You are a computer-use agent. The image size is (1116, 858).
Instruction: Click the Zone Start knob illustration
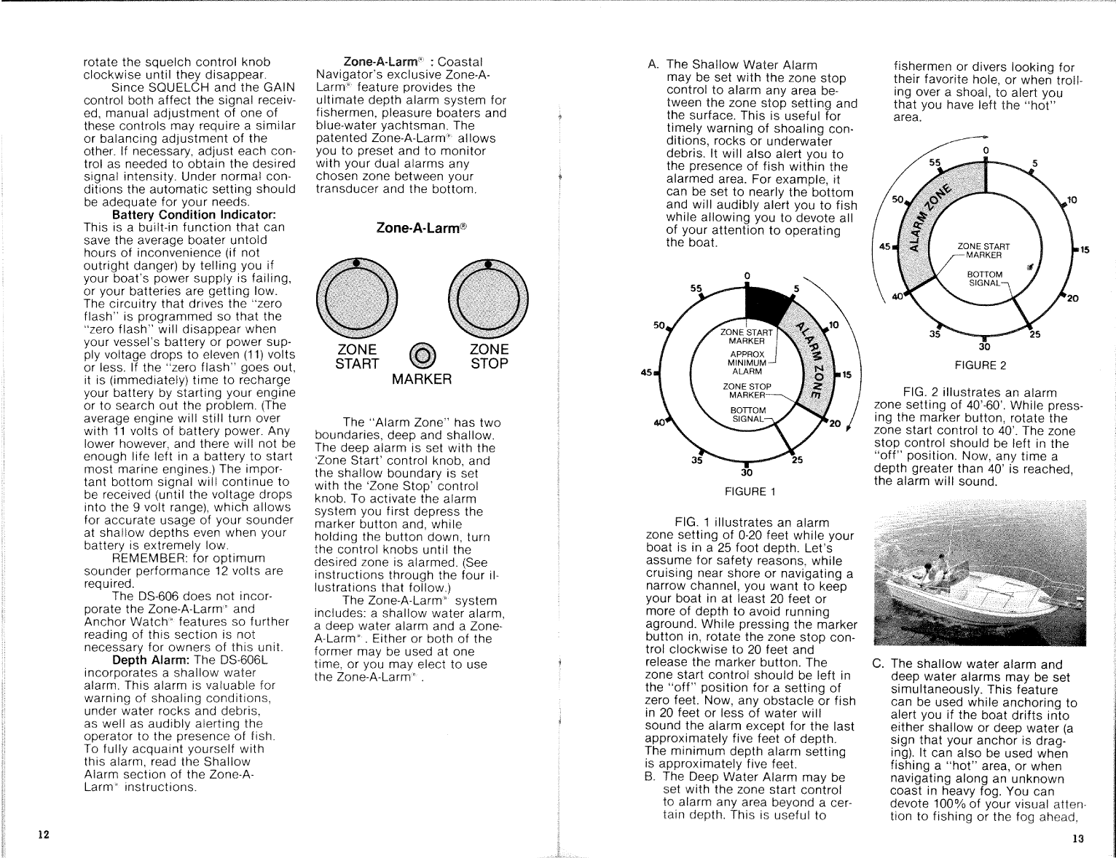point(356,298)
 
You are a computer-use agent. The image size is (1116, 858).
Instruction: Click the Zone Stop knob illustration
point(489,298)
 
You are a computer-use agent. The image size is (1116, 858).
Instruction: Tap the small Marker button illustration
point(422,355)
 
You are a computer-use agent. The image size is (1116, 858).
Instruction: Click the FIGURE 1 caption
point(750,492)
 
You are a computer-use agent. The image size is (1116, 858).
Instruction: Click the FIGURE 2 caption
point(980,366)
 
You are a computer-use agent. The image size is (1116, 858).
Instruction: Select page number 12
point(44,835)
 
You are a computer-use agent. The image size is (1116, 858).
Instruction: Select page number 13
point(1078,838)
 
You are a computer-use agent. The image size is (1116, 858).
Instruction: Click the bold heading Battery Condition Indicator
point(194,215)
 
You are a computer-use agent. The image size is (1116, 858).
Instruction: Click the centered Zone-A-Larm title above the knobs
point(421,228)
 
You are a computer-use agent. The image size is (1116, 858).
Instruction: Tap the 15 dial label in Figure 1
point(846,375)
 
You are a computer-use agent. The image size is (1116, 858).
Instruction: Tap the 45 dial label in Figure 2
point(885,247)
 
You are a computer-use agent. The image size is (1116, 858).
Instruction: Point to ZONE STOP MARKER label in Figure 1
point(747,391)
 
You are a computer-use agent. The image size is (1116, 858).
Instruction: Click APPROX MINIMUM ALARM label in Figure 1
point(747,363)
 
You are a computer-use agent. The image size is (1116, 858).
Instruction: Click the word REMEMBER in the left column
point(150,558)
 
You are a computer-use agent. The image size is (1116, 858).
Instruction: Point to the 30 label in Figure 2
point(983,347)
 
